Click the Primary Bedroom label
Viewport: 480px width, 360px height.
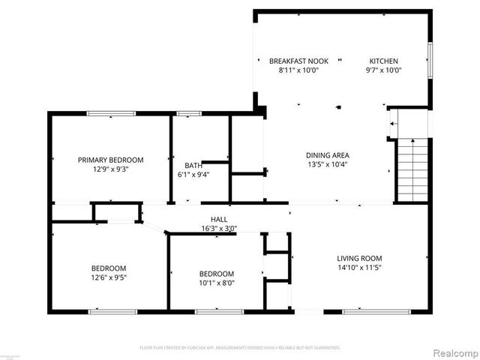[x=111, y=160]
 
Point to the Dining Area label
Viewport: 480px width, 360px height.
[x=327, y=155]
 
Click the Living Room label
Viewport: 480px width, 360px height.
[x=359, y=259]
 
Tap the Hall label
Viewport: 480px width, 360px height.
[x=219, y=219]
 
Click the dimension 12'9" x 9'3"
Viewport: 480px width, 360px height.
[x=111, y=169]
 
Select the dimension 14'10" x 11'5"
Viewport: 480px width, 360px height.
[x=359, y=268]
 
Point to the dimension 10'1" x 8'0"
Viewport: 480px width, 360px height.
[x=217, y=283]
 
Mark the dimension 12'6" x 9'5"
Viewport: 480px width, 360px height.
[x=109, y=277]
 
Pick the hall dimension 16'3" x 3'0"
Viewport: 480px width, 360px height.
[x=219, y=229]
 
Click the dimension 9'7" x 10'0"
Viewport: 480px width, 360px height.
[x=383, y=70]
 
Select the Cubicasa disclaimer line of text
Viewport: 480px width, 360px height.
[x=240, y=348]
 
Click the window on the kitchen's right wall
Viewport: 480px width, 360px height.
[x=430, y=59]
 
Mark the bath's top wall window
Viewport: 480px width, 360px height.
[x=189, y=113]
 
